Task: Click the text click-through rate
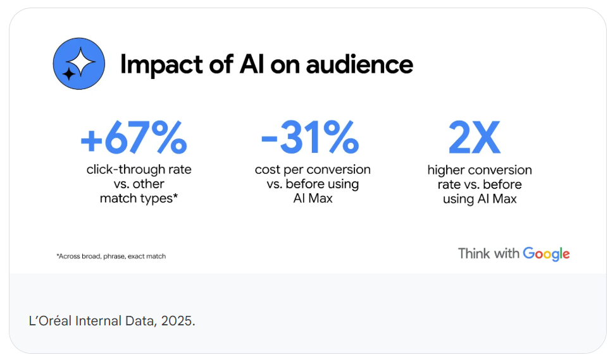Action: click(139, 169)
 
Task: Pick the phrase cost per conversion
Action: click(313, 169)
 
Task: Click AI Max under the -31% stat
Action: click(313, 198)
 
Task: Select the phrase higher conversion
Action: click(480, 170)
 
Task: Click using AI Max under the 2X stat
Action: click(480, 199)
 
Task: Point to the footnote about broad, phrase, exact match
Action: click(111, 256)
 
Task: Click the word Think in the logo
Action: click(473, 253)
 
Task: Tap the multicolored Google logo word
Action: click(547, 254)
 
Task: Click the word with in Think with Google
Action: click(506, 253)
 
